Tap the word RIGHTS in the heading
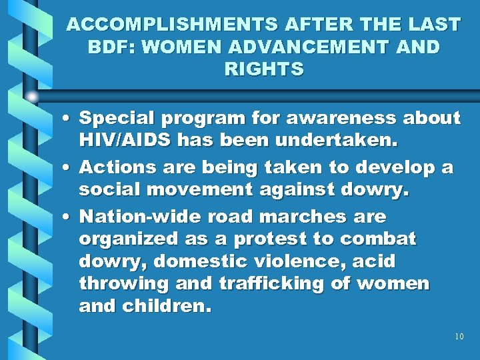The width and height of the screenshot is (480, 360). coord(263,69)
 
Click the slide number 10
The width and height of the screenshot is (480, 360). coord(459,337)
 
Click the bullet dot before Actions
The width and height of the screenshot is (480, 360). coord(69,167)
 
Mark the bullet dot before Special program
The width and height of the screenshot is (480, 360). coord(69,119)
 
